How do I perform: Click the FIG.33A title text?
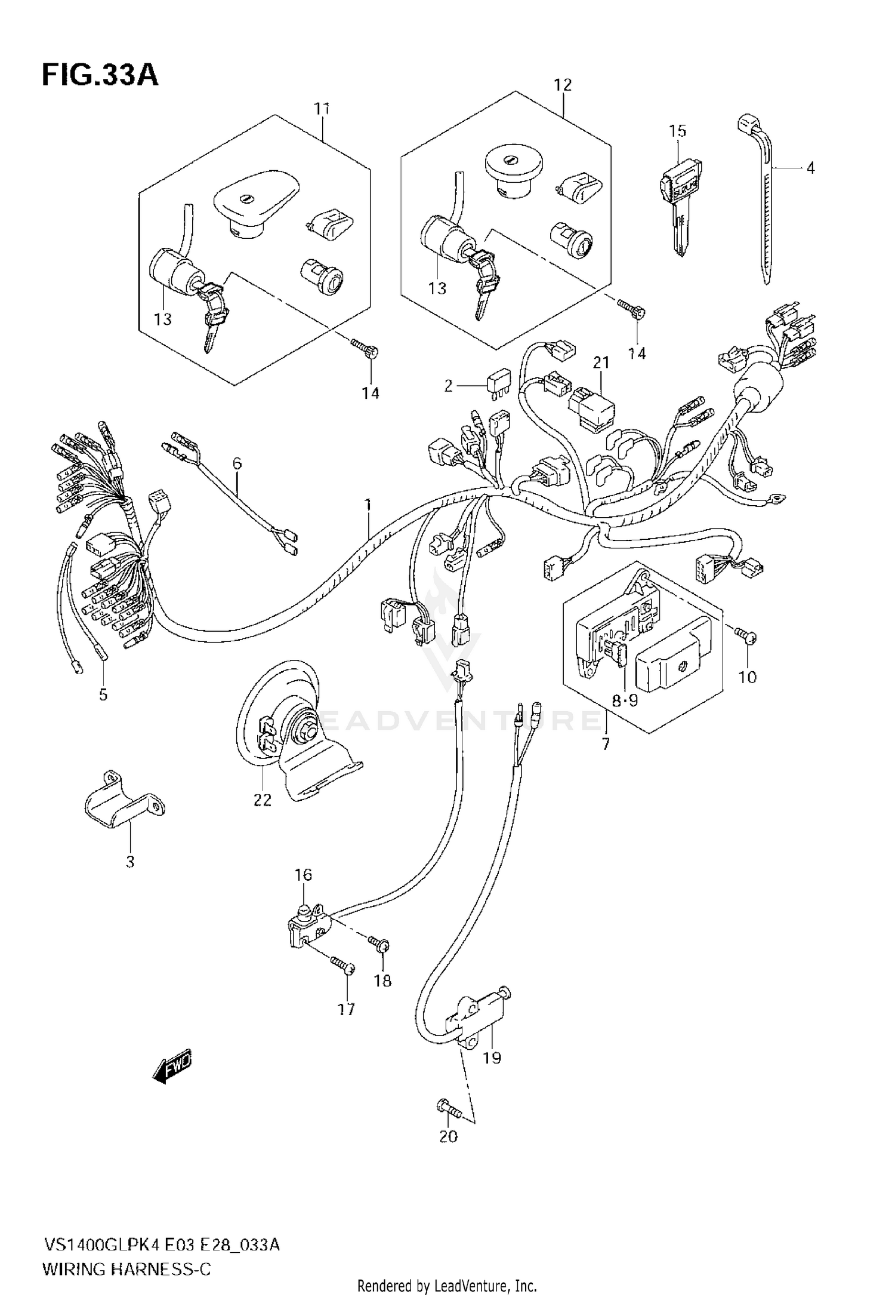point(100,76)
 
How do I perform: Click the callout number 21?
point(601,362)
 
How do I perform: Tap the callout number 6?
point(237,463)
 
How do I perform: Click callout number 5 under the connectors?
point(103,694)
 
